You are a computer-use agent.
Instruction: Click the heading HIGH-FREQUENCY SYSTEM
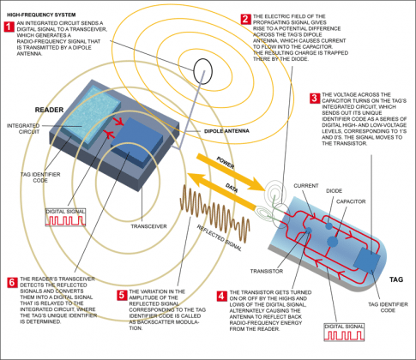39,13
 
